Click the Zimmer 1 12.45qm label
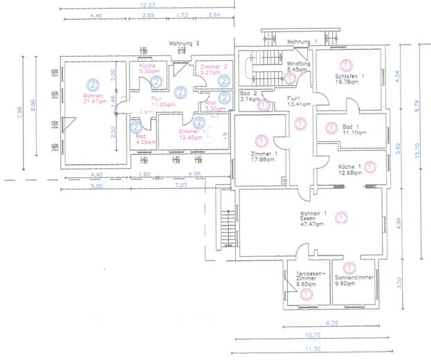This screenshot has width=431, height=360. click(x=190, y=134)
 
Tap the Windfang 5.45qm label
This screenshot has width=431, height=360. click(x=299, y=67)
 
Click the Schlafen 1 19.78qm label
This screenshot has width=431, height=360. click(x=349, y=78)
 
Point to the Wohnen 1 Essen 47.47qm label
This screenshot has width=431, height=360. click(x=312, y=219)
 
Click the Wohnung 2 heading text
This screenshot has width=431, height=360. click(x=184, y=43)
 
